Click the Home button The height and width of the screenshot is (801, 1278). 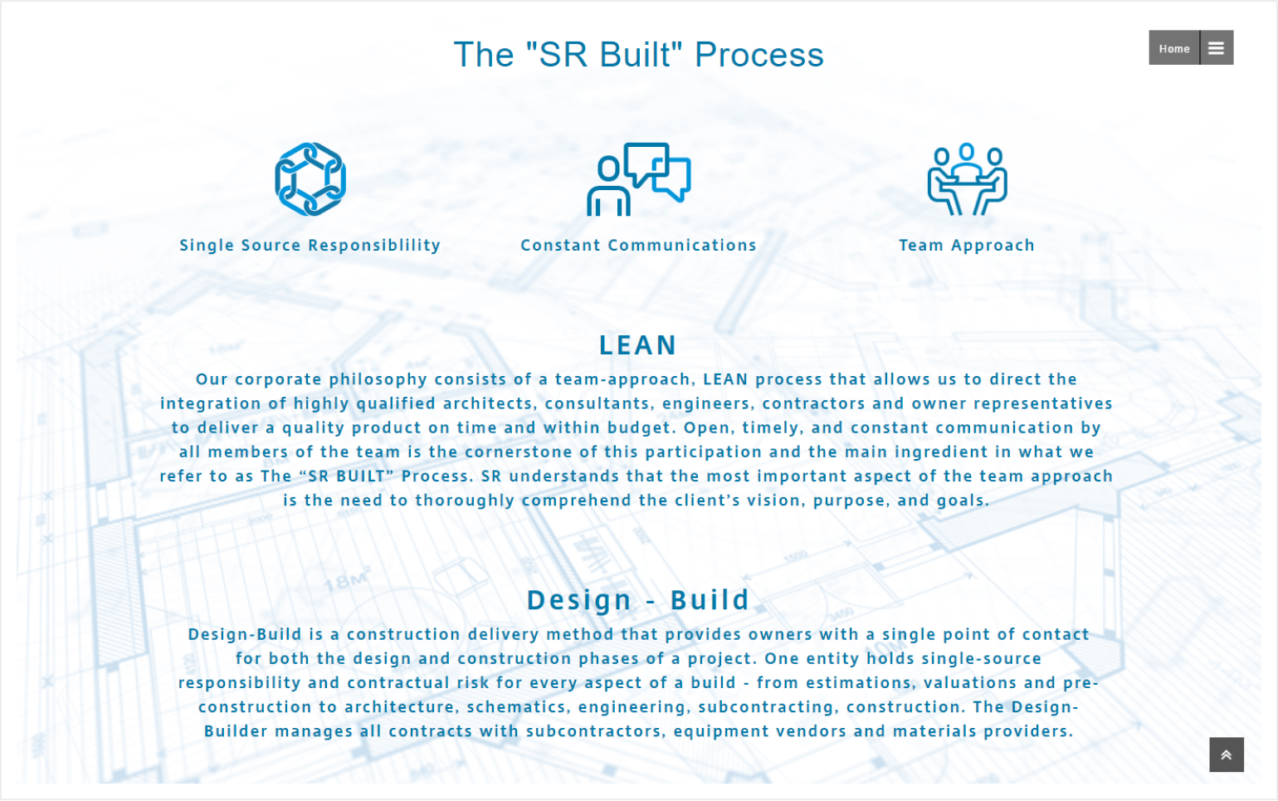tap(1174, 48)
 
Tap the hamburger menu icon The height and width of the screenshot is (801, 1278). tap(1217, 48)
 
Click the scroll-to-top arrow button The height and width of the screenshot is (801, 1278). tap(1227, 755)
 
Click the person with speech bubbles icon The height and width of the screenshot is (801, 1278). tap(638, 179)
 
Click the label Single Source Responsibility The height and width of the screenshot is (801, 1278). tap(310, 246)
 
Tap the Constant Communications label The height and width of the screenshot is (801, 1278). tap(638, 246)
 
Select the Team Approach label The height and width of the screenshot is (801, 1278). tap(967, 246)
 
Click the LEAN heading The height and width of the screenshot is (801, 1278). tap(638, 345)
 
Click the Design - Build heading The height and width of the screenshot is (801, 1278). tap(638, 600)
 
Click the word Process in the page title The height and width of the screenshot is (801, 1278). tap(759, 55)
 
